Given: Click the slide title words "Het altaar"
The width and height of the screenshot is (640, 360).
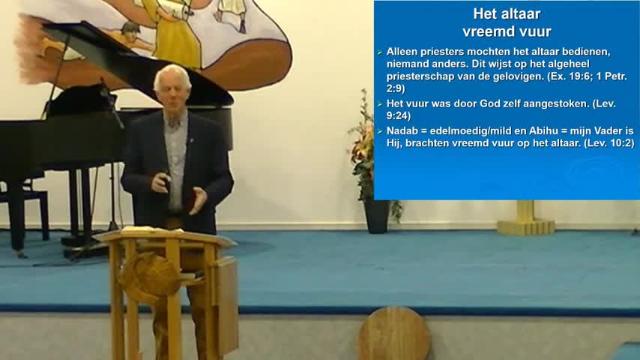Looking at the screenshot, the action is click(507, 14).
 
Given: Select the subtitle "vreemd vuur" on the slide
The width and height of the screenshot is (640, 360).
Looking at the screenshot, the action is click(507, 31).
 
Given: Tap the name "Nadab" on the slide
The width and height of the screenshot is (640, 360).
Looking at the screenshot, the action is click(400, 130).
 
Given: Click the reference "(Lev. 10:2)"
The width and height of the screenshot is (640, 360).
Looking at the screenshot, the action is click(609, 143).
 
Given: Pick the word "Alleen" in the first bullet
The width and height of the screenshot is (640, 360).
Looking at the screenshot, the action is click(400, 52).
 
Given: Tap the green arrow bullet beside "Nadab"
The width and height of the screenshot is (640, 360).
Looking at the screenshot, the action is click(380, 131).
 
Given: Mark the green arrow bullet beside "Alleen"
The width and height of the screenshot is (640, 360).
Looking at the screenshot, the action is click(380, 52).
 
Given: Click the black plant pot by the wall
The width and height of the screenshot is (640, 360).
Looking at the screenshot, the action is click(376, 216).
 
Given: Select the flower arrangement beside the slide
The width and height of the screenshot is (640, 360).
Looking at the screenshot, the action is click(363, 147).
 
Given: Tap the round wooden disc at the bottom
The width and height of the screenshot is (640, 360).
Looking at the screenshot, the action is click(394, 334).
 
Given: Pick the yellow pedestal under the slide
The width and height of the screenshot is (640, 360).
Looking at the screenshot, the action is click(526, 218).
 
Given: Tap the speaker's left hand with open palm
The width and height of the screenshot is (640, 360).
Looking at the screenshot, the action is click(199, 199).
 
